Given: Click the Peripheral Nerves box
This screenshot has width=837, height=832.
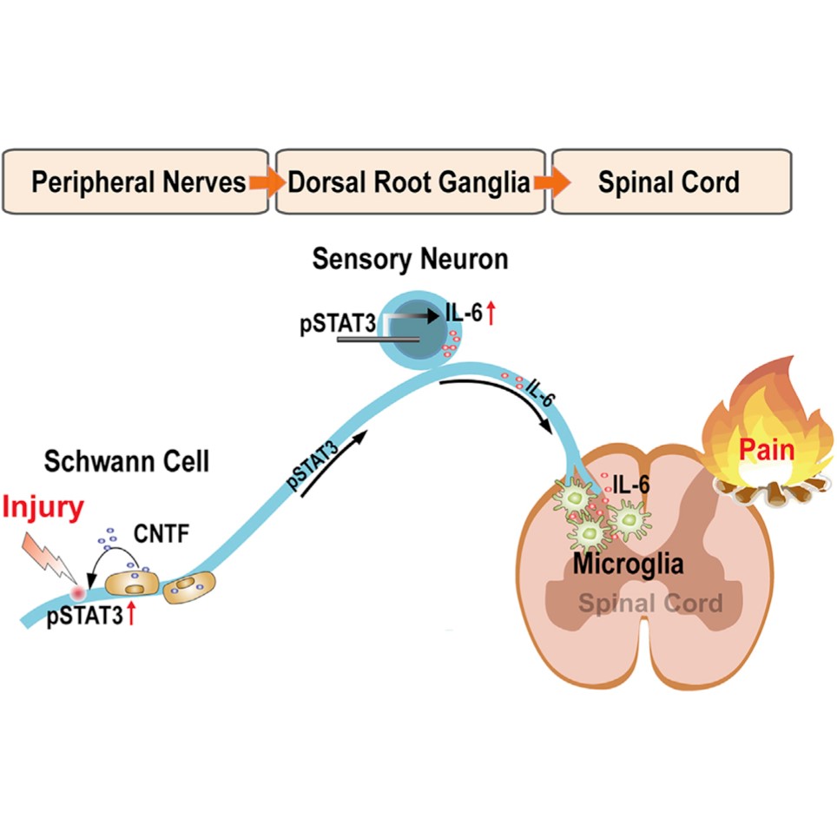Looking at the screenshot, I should click(139, 182).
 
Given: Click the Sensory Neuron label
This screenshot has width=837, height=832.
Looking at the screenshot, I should click(410, 260).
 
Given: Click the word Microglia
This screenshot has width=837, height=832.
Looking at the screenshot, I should click(628, 565).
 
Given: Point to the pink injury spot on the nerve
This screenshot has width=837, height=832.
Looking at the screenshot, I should click(81, 593).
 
